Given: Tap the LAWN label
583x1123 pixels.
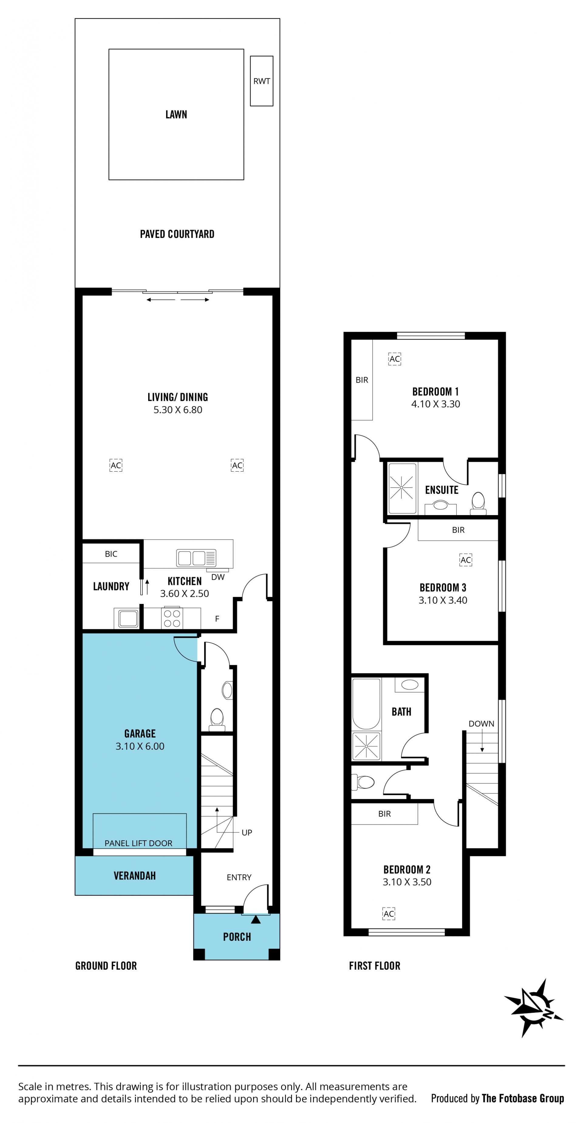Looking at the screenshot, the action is [x=176, y=115].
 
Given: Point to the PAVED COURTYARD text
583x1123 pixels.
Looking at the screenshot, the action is [x=177, y=234].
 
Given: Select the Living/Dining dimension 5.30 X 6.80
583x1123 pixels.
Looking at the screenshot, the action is [x=178, y=410].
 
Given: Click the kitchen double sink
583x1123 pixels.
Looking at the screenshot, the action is [x=196, y=558].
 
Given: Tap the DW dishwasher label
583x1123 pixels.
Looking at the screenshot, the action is [x=218, y=577].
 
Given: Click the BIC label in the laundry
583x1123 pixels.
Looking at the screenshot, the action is [x=111, y=554].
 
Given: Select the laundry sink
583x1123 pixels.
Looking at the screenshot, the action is [x=128, y=618].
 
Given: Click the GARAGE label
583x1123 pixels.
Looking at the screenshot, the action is [x=140, y=734].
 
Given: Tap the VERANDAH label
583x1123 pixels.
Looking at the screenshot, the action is [x=135, y=876].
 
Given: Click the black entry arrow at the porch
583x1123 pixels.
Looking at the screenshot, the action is [x=256, y=920].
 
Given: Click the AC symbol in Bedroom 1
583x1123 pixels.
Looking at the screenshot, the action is [x=395, y=359].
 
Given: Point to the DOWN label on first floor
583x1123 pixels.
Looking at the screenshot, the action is [x=481, y=724].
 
